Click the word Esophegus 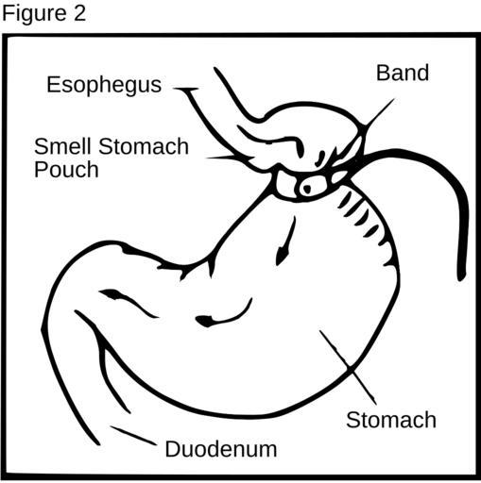click(x=104, y=85)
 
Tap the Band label click(x=403, y=73)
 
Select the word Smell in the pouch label click(x=63, y=146)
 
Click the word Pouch click(x=66, y=170)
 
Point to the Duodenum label click(x=221, y=449)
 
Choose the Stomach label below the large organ click(x=391, y=420)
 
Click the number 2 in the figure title click(x=79, y=13)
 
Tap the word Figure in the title click(x=34, y=14)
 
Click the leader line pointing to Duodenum click(x=133, y=436)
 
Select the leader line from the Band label click(x=379, y=112)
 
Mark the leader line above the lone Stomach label click(x=348, y=367)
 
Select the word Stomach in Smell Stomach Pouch click(x=144, y=146)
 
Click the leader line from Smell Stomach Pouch click(x=220, y=158)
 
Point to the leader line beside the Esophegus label click(x=186, y=90)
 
